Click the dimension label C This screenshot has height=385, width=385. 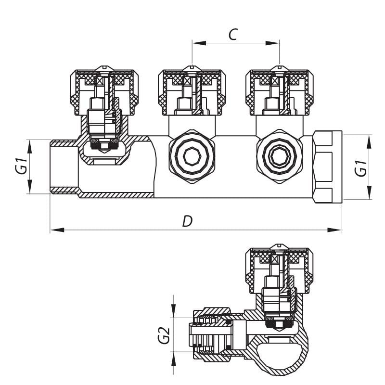[x=233, y=34]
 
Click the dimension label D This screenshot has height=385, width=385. [x=187, y=221]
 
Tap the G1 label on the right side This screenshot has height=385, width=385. [x=361, y=167]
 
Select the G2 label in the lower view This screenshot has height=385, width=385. [x=165, y=335]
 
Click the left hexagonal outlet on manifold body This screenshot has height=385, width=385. [x=192, y=155]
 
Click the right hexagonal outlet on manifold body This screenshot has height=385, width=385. [x=280, y=155]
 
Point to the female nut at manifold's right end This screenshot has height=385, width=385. [x=328, y=167]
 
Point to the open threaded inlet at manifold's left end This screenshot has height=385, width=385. [x=64, y=167]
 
